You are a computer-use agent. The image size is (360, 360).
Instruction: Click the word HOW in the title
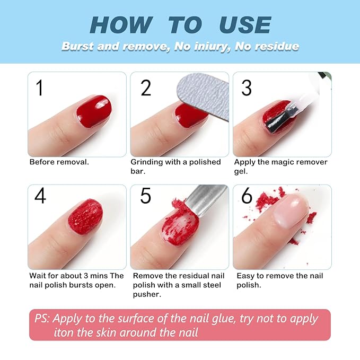(x=121, y=25)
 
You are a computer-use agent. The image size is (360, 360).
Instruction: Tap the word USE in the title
(x=245, y=25)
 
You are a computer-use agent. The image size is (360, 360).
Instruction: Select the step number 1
(x=39, y=87)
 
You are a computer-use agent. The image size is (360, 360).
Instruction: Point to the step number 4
(x=40, y=196)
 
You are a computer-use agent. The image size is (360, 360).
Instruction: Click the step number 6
(x=247, y=196)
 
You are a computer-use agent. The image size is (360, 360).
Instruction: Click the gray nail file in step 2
(x=202, y=95)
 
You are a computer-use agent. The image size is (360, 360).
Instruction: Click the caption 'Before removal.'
(x=59, y=162)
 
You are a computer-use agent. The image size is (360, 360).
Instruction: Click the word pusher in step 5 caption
(x=147, y=294)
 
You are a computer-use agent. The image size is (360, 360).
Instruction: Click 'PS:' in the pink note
(x=42, y=319)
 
